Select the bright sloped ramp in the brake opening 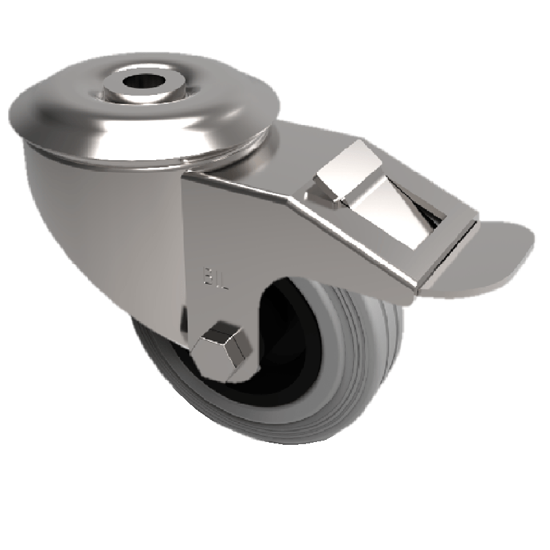(x=385, y=213)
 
